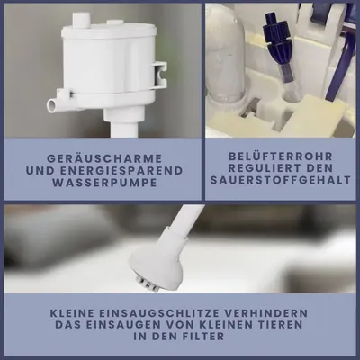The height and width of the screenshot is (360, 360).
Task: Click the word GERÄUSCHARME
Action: (104, 158)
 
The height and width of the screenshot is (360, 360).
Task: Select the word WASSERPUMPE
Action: (104, 183)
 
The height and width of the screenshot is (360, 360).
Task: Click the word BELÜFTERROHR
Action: (281, 157)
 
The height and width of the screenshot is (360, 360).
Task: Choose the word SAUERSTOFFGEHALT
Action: (281, 180)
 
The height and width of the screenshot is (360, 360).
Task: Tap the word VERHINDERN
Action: (266, 313)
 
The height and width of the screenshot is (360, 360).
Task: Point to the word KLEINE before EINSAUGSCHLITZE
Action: (71, 313)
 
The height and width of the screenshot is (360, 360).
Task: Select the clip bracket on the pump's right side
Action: (159, 76)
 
